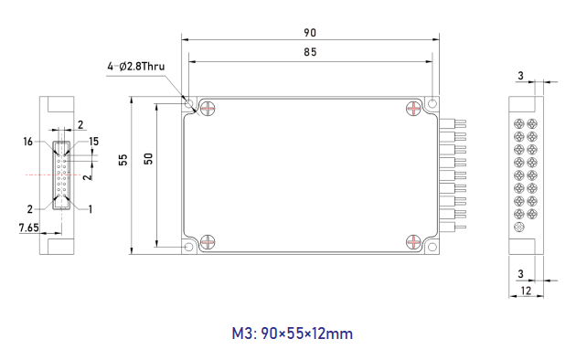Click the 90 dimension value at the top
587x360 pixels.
pos(310,33)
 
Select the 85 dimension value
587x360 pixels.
pos(310,52)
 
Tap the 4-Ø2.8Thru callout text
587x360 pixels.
pos(136,67)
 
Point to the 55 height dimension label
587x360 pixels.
pos(123,160)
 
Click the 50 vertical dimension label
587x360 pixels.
pos(149,159)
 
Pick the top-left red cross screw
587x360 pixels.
pos(208,109)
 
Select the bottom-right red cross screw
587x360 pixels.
pos(413,242)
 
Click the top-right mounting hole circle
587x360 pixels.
pos(432,103)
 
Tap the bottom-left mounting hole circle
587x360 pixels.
pos(189,247)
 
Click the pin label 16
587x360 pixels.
pos(28,142)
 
